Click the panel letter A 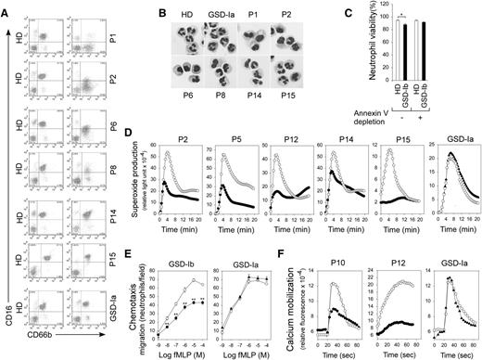(6, 6)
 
